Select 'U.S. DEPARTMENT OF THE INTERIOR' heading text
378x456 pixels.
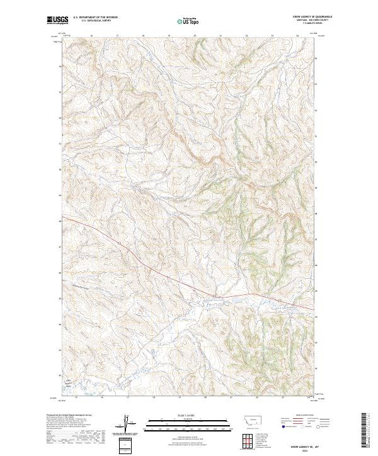point(95,16)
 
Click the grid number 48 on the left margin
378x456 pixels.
point(60,221)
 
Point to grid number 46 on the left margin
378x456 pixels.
point(60,273)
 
